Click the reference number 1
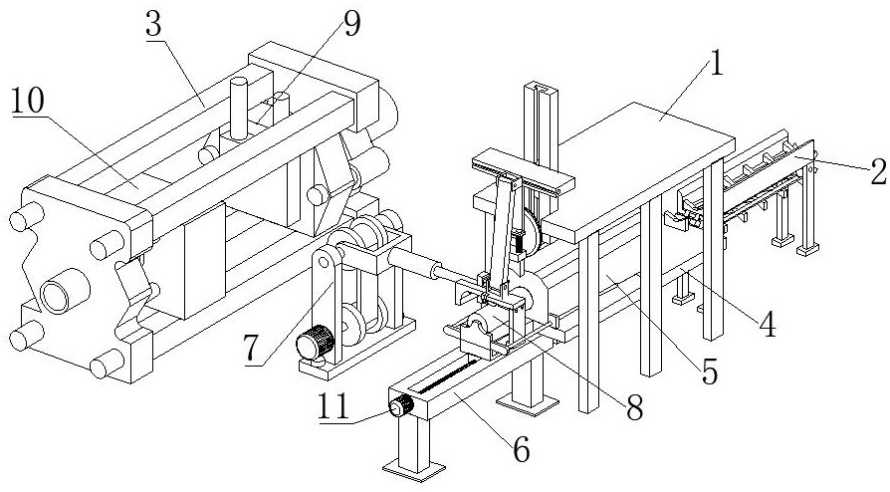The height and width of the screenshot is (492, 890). tap(718, 64)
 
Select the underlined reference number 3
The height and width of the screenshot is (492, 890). tap(154, 24)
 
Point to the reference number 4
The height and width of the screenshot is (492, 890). tap(768, 326)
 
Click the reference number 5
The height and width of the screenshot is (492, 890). tap(710, 371)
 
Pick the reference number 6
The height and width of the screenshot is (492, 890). tap(521, 450)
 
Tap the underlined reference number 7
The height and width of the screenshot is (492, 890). tap(253, 349)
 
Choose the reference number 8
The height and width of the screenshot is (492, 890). tap(634, 408)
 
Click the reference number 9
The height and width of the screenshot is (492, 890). tap(351, 25)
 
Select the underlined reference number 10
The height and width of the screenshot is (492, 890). tap(28, 102)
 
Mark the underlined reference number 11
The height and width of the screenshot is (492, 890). tap(334, 408)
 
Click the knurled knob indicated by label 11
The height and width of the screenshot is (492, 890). tap(401, 406)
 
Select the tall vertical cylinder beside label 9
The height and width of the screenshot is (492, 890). tap(239, 108)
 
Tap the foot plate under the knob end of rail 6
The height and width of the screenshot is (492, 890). tap(413, 469)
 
